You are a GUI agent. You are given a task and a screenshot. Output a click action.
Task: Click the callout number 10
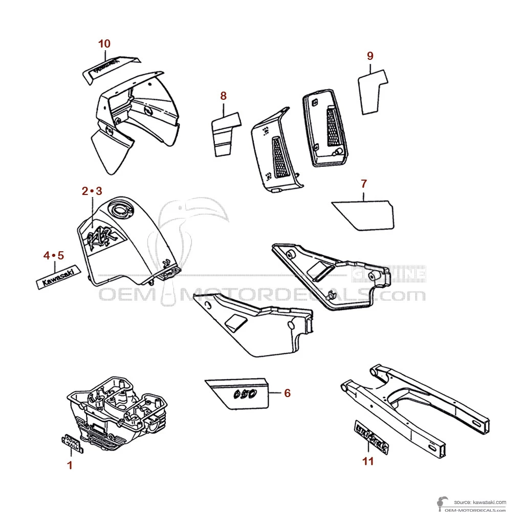[x=104, y=43]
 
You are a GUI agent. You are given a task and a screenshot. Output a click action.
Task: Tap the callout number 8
[x=223, y=96]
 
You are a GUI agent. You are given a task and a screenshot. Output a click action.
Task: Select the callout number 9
[x=370, y=56]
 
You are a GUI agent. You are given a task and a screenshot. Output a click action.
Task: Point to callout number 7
[x=364, y=183]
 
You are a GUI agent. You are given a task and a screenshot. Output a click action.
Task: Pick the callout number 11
[x=368, y=462]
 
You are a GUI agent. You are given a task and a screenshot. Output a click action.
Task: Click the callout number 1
[x=70, y=465]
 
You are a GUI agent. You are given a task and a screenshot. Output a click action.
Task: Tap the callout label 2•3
[x=92, y=191]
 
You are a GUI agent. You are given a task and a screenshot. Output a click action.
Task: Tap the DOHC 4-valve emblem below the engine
[x=72, y=444]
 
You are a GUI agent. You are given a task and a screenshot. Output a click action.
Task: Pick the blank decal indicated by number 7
[x=365, y=214]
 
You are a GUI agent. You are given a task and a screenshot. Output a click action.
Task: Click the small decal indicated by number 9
[x=372, y=91]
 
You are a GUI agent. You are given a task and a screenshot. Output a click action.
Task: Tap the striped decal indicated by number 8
[x=225, y=134]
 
